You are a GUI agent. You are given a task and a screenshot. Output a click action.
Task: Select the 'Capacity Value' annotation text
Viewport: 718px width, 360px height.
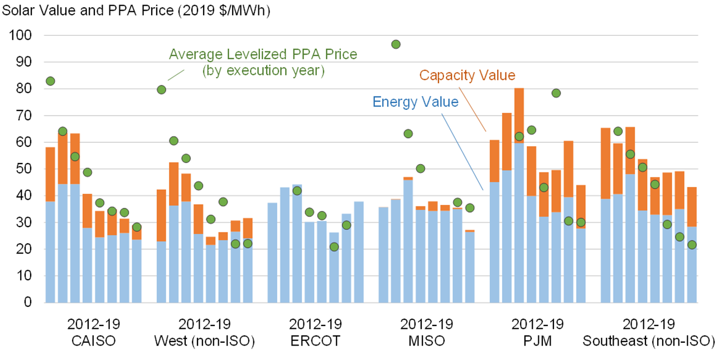(x=467, y=75)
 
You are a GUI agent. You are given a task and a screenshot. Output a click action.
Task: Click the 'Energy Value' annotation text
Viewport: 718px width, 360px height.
(x=415, y=102)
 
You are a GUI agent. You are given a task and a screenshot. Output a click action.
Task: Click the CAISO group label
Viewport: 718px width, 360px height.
(x=93, y=340)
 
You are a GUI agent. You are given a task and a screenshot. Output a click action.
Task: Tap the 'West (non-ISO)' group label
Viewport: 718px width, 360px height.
(x=204, y=340)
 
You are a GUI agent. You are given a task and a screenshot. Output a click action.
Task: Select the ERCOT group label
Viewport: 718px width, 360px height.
(x=315, y=340)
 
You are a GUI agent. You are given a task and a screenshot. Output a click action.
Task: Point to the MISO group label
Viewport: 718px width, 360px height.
(x=426, y=340)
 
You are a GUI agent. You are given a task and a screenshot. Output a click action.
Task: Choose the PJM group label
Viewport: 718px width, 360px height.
(x=537, y=340)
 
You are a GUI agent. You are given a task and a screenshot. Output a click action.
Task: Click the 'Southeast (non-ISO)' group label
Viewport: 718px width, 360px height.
(x=648, y=340)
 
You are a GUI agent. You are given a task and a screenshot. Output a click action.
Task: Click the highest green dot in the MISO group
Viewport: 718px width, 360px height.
(x=396, y=44)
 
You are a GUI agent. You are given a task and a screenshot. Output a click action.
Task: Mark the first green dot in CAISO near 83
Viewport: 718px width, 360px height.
(x=50, y=81)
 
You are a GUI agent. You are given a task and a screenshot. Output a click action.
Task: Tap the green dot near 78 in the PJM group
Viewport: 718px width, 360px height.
(x=556, y=93)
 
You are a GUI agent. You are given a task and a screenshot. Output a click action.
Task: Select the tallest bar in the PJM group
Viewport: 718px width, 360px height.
(x=519, y=195)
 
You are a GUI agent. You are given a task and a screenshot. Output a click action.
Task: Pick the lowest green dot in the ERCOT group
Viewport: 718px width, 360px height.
(x=334, y=247)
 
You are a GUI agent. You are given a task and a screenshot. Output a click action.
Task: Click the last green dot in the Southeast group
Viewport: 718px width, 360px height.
(x=692, y=244)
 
